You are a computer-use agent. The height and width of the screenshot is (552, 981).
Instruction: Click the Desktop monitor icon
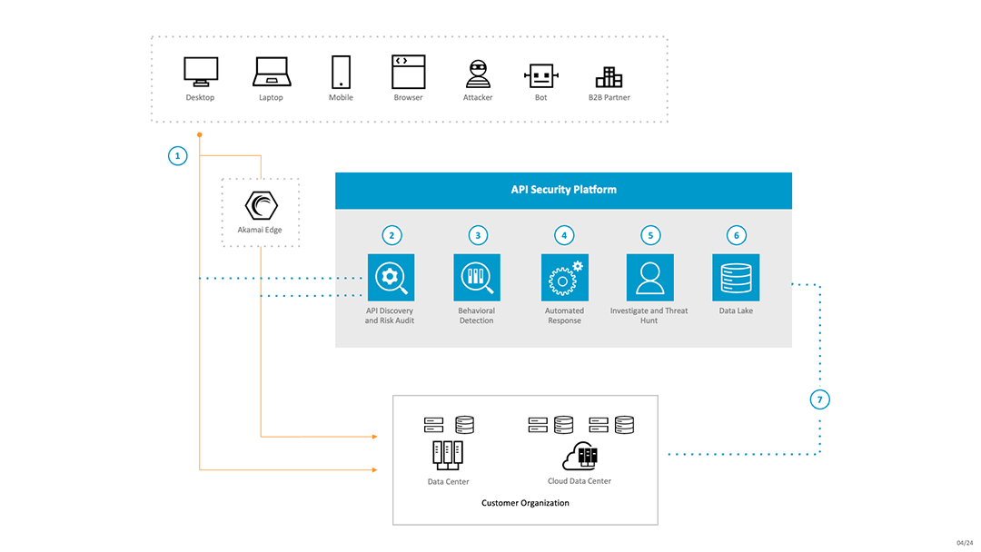(200, 71)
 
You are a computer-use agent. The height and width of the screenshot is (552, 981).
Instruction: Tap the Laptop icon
(271, 71)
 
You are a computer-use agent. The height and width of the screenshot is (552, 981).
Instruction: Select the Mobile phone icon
(341, 72)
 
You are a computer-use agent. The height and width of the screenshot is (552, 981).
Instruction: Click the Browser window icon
(408, 71)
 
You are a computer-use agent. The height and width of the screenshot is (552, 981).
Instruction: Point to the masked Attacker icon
(478, 74)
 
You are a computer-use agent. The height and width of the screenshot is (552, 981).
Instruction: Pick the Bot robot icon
(540, 74)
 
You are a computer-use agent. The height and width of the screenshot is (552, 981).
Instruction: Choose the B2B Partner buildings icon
(609, 76)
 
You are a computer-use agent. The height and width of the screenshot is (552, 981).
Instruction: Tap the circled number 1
(178, 155)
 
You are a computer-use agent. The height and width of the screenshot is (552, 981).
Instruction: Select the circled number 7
(819, 399)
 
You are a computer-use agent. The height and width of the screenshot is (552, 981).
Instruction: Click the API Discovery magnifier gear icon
(391, 277)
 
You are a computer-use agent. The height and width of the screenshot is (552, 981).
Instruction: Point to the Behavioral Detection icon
(477, 277)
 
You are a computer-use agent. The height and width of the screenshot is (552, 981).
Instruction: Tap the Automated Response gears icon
(564, 277)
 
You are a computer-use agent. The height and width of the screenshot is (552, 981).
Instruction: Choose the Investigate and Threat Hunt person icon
(649, 277)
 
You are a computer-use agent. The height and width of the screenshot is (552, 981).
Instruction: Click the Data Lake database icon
(736, 277)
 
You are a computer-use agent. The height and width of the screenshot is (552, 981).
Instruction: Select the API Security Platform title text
(563, 190)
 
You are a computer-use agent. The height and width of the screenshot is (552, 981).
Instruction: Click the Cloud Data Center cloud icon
(580, 454)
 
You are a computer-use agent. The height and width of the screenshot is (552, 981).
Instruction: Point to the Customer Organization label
(525, 503)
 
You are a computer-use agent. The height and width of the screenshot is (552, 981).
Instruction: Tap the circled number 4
(564, 235)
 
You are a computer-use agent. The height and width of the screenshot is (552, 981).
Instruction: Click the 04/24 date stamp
(964, 543)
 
